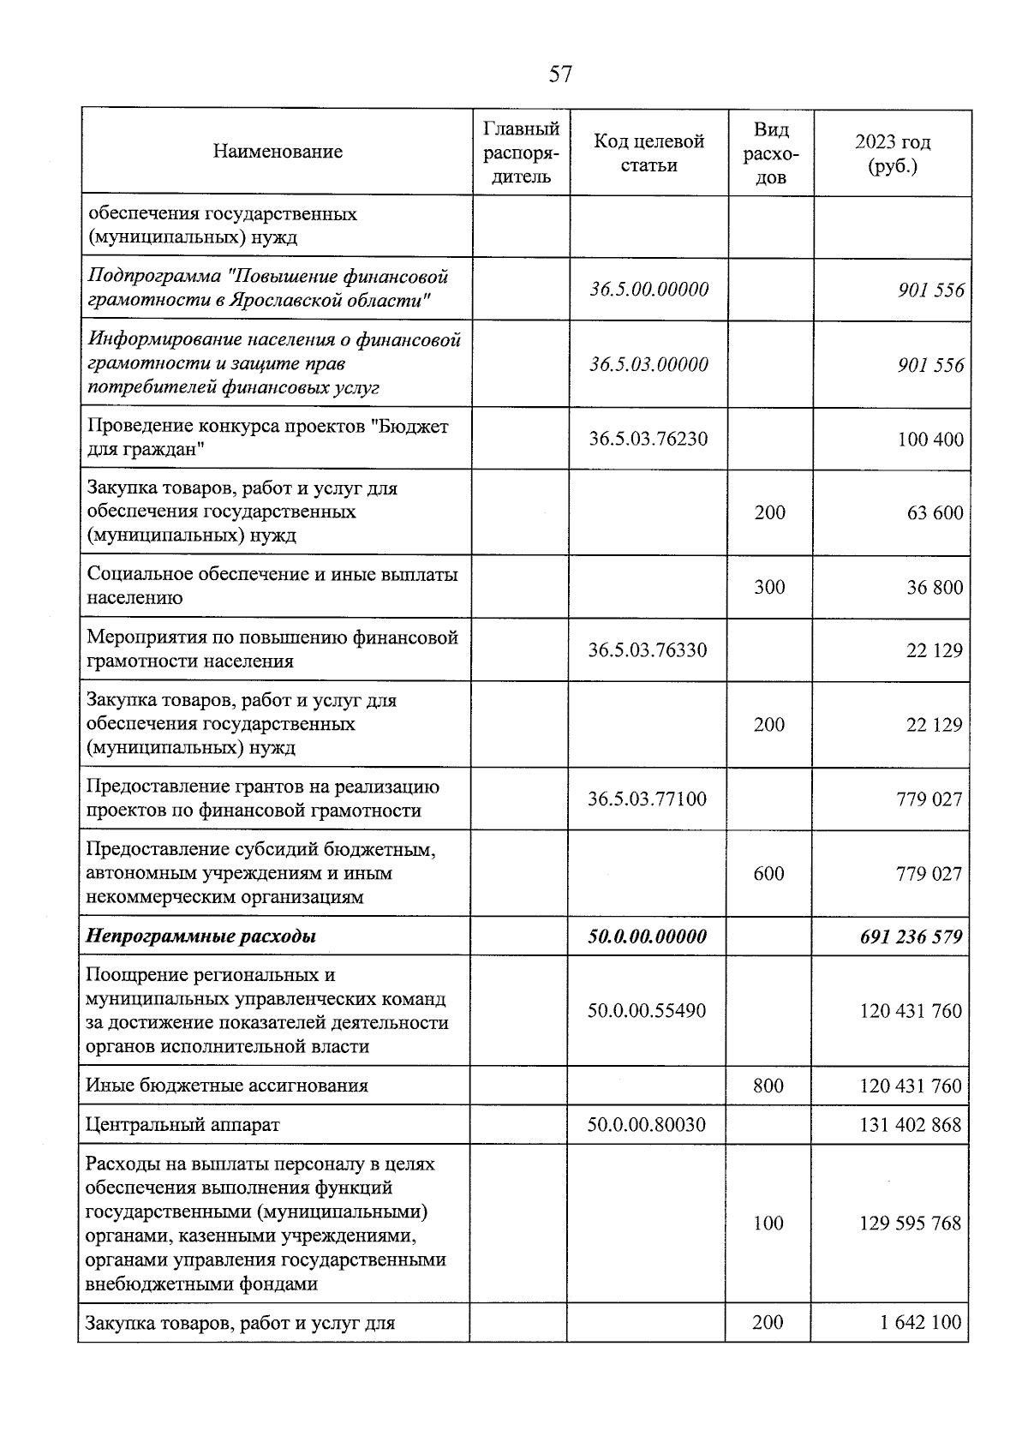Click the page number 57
pos(560,75)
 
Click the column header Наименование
pos(278,152)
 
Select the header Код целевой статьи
pos(648,153)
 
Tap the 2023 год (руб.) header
pos(893,153)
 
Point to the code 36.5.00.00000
pos(648,290)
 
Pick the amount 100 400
pos(930,440)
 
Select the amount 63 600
pos(935,513)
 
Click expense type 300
pos(769,587)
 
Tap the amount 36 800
pos(935,588)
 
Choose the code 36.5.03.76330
pos(648,650)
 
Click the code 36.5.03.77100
pos(648,799)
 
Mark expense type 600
pos(768,873)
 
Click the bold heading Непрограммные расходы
pos(201,936)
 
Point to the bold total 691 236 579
pos(911,936)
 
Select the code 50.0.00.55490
pos(647,1011)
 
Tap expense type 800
pos(768,1086)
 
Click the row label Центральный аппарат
pos(182,1124)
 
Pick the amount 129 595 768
pos(911,1224)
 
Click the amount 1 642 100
pos(920,1323)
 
